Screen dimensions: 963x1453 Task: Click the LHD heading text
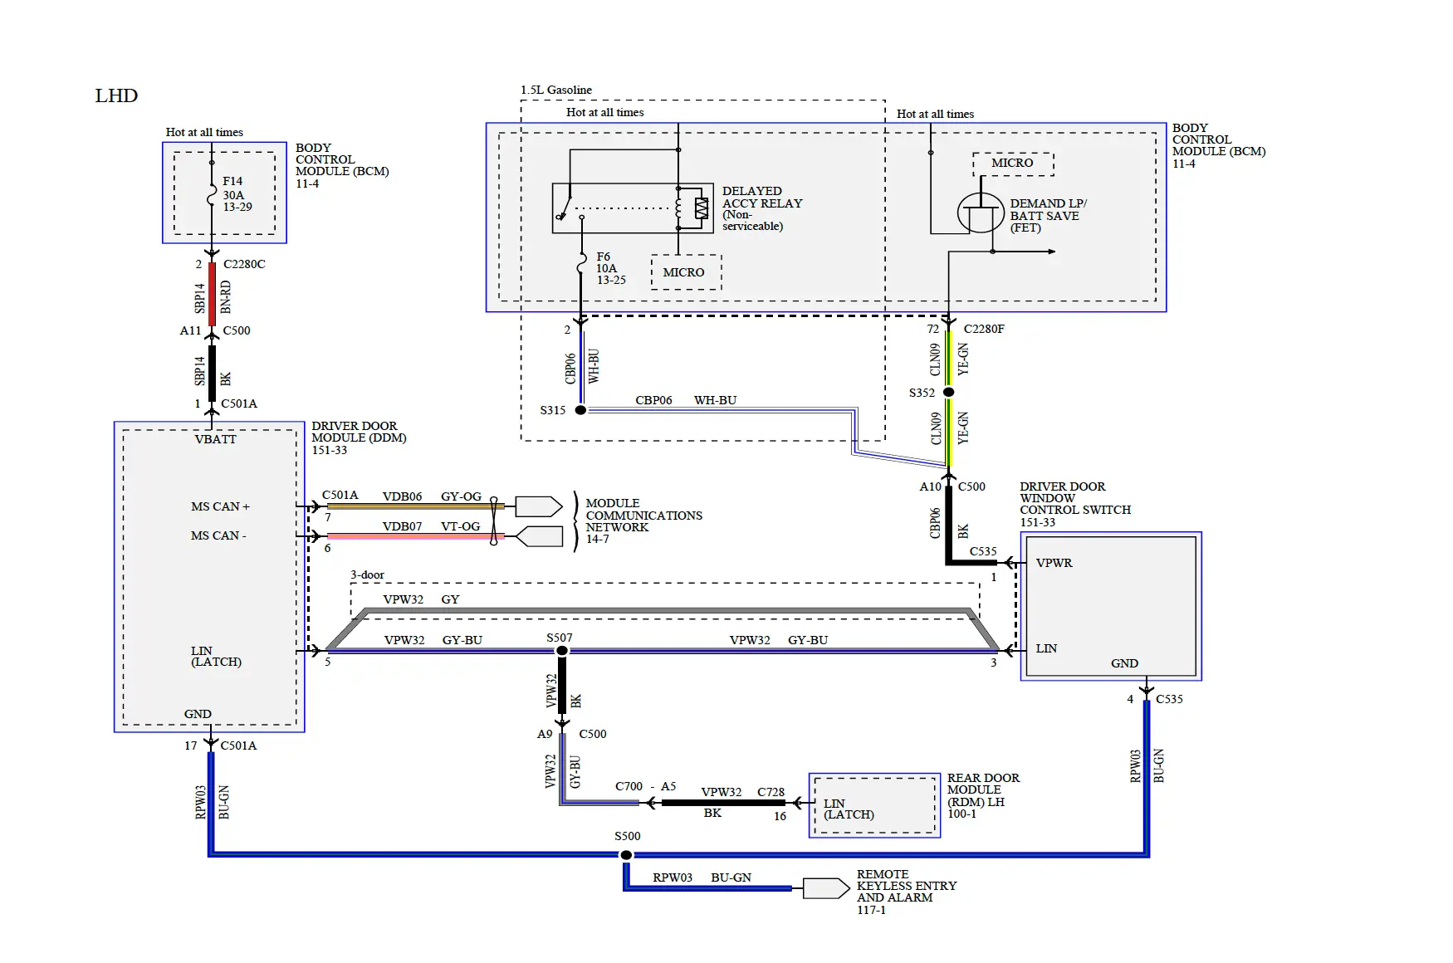tap(116, 95)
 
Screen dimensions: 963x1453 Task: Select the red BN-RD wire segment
tap(213, 294)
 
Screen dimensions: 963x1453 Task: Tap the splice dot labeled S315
tap(580, 410)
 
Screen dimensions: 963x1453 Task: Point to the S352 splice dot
tap(949, 392)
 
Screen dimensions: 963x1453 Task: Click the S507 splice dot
tap(562, 651)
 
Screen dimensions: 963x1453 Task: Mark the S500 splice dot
tap(627, 855)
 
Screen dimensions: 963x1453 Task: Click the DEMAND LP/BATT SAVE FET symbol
tap(981, 214)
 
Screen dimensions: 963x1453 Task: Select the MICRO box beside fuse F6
tap(684, 272)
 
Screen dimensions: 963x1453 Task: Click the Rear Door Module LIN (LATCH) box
tap(874, 805)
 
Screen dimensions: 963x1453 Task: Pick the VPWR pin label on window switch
tap(1054, 563)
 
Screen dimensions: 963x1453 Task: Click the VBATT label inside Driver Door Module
tap(215, 439)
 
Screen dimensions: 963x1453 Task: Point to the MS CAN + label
tap(220, 506)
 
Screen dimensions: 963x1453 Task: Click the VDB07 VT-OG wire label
tap(430, 526)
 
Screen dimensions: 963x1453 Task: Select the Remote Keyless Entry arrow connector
tap(825, 888)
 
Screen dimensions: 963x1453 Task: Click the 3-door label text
tap(367, 574)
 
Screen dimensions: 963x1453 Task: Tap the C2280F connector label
tap(984, 329)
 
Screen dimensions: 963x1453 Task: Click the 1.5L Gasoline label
tap(556, 90)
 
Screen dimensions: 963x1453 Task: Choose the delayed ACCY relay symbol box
tap(633, 208)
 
